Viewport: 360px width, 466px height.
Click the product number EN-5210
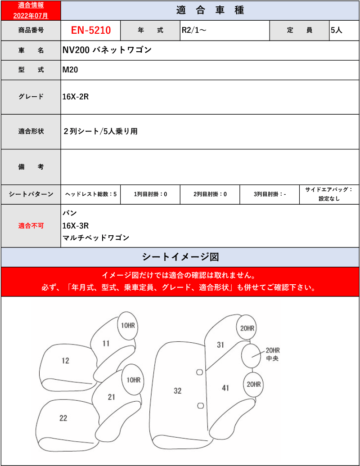click(x=91, y=31)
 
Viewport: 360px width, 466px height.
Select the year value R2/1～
click(x=194, y=31)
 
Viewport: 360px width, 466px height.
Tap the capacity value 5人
click(x=336, y=31)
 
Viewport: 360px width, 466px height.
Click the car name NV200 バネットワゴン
click(x=107, y=50)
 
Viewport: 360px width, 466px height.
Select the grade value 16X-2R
click(x=75, y=97)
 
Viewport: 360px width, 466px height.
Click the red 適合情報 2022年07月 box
click(x=31, y=10)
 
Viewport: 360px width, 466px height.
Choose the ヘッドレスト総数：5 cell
click(x=91, y=194)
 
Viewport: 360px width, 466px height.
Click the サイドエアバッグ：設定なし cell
click(x=329, y=194)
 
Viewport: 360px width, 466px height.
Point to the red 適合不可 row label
click(x=31, y=226)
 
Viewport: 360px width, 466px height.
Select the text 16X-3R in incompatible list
click(x=76, y=226)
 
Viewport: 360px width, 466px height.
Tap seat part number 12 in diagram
click(x=66, y=361)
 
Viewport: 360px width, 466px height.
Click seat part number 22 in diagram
click(x=63, y=418)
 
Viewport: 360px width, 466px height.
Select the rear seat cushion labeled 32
click(x=178, y=391)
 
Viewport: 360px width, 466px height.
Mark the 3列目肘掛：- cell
click(x=270, y=194)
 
